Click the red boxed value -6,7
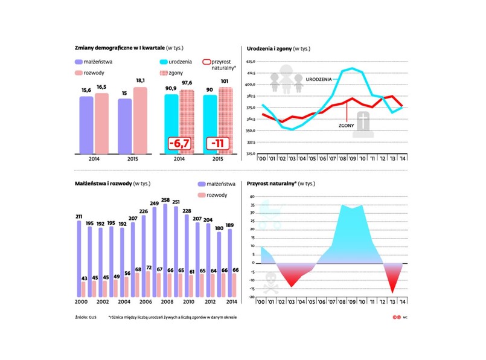(180, 143)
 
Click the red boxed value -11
(217, 143)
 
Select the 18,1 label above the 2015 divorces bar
(139, 80)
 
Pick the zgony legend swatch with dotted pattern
(165, 72)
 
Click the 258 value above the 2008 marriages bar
(165, 199)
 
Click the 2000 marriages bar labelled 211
(79, 260)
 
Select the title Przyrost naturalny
(269, 182)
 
